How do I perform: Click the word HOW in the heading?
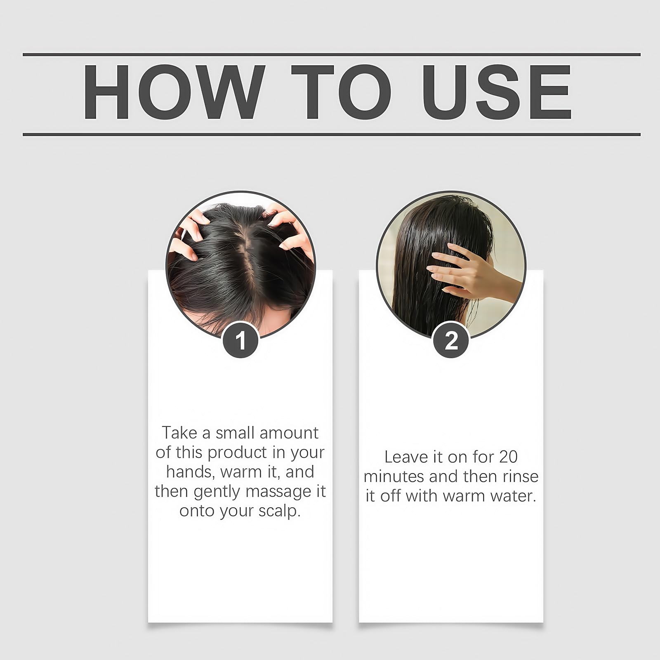tap(173, 92)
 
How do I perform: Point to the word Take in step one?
tap(180, 433)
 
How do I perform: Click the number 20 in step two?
tap(508, 457)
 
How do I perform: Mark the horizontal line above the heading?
tap(332, 54)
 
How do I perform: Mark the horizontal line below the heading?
tap(332, 134)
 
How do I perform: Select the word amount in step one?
tap(289, 433)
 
